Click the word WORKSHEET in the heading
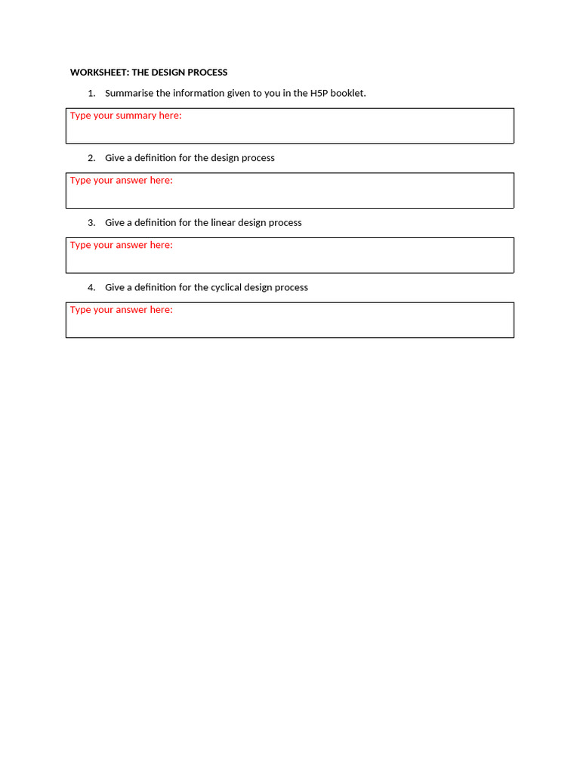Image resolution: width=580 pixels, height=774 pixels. pyautogui.click(x=99, y=73)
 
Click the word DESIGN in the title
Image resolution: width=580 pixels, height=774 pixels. pyautogui.click(x=168, y=73)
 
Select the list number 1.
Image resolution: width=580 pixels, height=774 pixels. pyautogui.click(x=91, y=93)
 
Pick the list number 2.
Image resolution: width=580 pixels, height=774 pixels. pyautogui.click(x=91, y=158)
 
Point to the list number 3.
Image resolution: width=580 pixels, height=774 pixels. pyautogui.click(x=91, y=223)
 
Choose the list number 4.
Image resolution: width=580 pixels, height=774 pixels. pyautogui.click(x=91, y=288)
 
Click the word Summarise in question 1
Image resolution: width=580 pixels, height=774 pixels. pyautogui.click(x=129, y=93)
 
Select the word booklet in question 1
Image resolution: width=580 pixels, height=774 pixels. pyautogui.click(x=347, y=93)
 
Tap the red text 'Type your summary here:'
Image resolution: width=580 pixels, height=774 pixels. pyautogui.click(x=125, y=116)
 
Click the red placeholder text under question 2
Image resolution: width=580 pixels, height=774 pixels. pyautogui.click(x=121, y=181)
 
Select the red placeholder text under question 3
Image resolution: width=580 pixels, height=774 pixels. pyautogui.click(x=121, y=245)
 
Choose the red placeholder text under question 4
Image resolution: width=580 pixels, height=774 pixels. pyautogui.click(x=121, y=310)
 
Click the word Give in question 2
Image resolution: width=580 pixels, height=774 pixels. pyautogui.click(x=114, y=158)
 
